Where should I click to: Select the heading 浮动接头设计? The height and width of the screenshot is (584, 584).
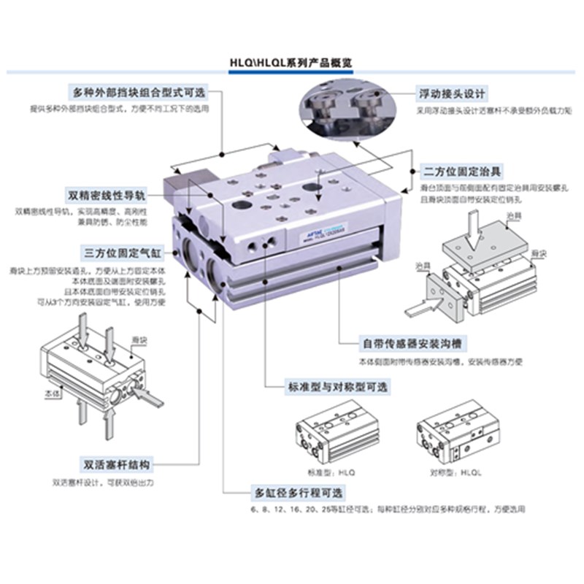[x=451, y=94]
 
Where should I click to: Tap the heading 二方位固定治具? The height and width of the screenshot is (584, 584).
[x=463, y=172]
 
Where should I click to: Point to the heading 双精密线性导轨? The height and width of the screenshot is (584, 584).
[x=107, y=196]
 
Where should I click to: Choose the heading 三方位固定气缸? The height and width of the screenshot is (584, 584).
[x=121, y=253]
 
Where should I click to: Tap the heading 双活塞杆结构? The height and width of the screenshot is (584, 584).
[x=116, y=464]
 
